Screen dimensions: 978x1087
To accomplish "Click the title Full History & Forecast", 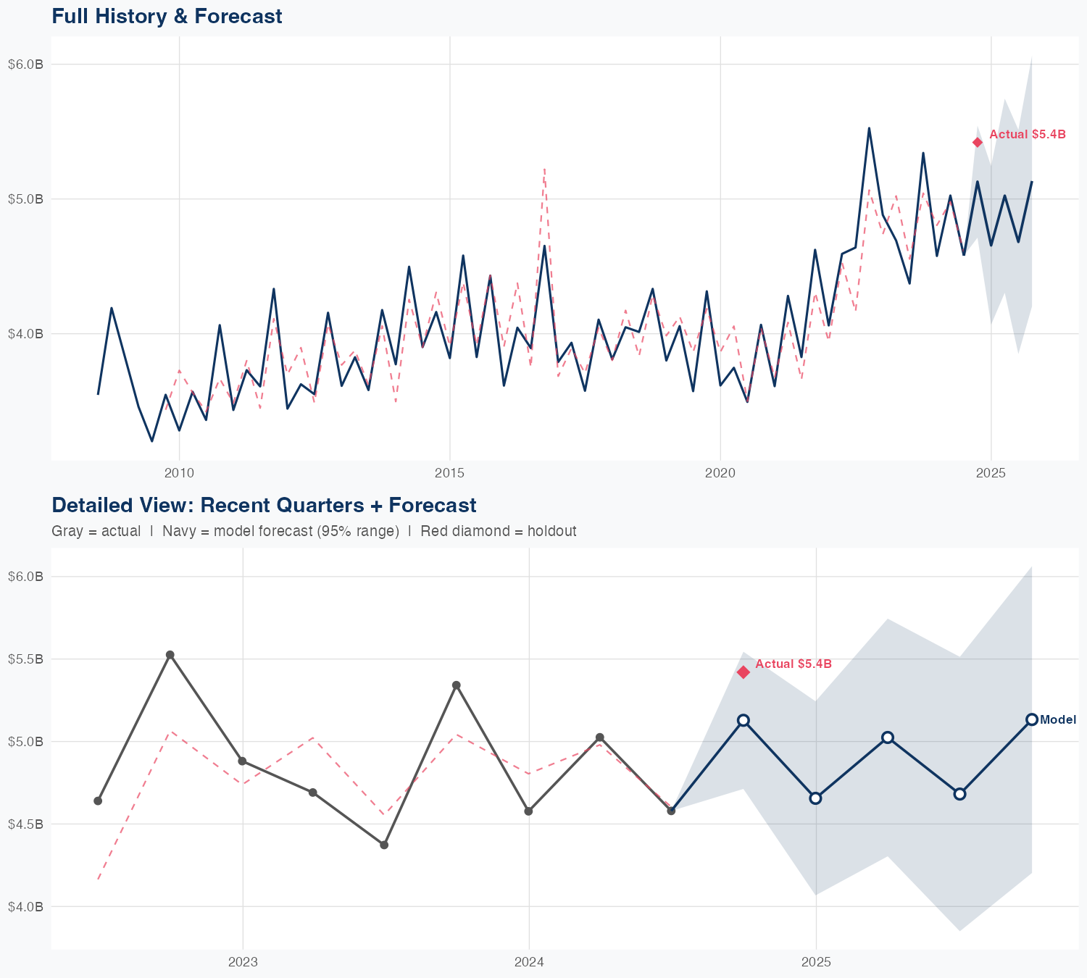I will tap(167, 16).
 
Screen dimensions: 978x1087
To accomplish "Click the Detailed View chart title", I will tap(264, 505).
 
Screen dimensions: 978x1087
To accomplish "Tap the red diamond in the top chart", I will tap(978, 142).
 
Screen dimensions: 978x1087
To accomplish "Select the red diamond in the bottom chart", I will tap(743, 672).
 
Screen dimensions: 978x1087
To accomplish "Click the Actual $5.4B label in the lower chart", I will tap(794, 664).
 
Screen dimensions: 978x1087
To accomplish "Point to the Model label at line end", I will tap(1058, 720).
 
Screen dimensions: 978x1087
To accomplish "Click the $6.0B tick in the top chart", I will tap(26, 64).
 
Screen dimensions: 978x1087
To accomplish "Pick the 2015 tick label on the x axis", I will tap(449, 474).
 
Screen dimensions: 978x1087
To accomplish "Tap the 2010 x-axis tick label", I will tap(179, 474).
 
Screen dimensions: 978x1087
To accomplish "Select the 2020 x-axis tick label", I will tap(720, 474).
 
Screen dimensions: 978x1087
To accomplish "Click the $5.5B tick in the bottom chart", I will tap(26, 659).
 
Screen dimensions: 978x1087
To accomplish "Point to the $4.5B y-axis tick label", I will tap(26, 824).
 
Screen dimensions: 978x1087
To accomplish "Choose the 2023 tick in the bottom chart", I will tap(243, 963).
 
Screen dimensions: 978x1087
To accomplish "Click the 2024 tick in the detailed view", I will tap(529, 963).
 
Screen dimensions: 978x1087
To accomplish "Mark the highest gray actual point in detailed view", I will tap(170, 655).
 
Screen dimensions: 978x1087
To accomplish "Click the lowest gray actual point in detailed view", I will tap(384, 845).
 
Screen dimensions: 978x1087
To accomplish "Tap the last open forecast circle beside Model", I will tap(1032, 719).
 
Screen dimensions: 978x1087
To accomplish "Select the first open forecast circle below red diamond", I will tap(743, 720).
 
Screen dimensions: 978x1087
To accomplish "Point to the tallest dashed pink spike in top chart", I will tap(544, 169).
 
